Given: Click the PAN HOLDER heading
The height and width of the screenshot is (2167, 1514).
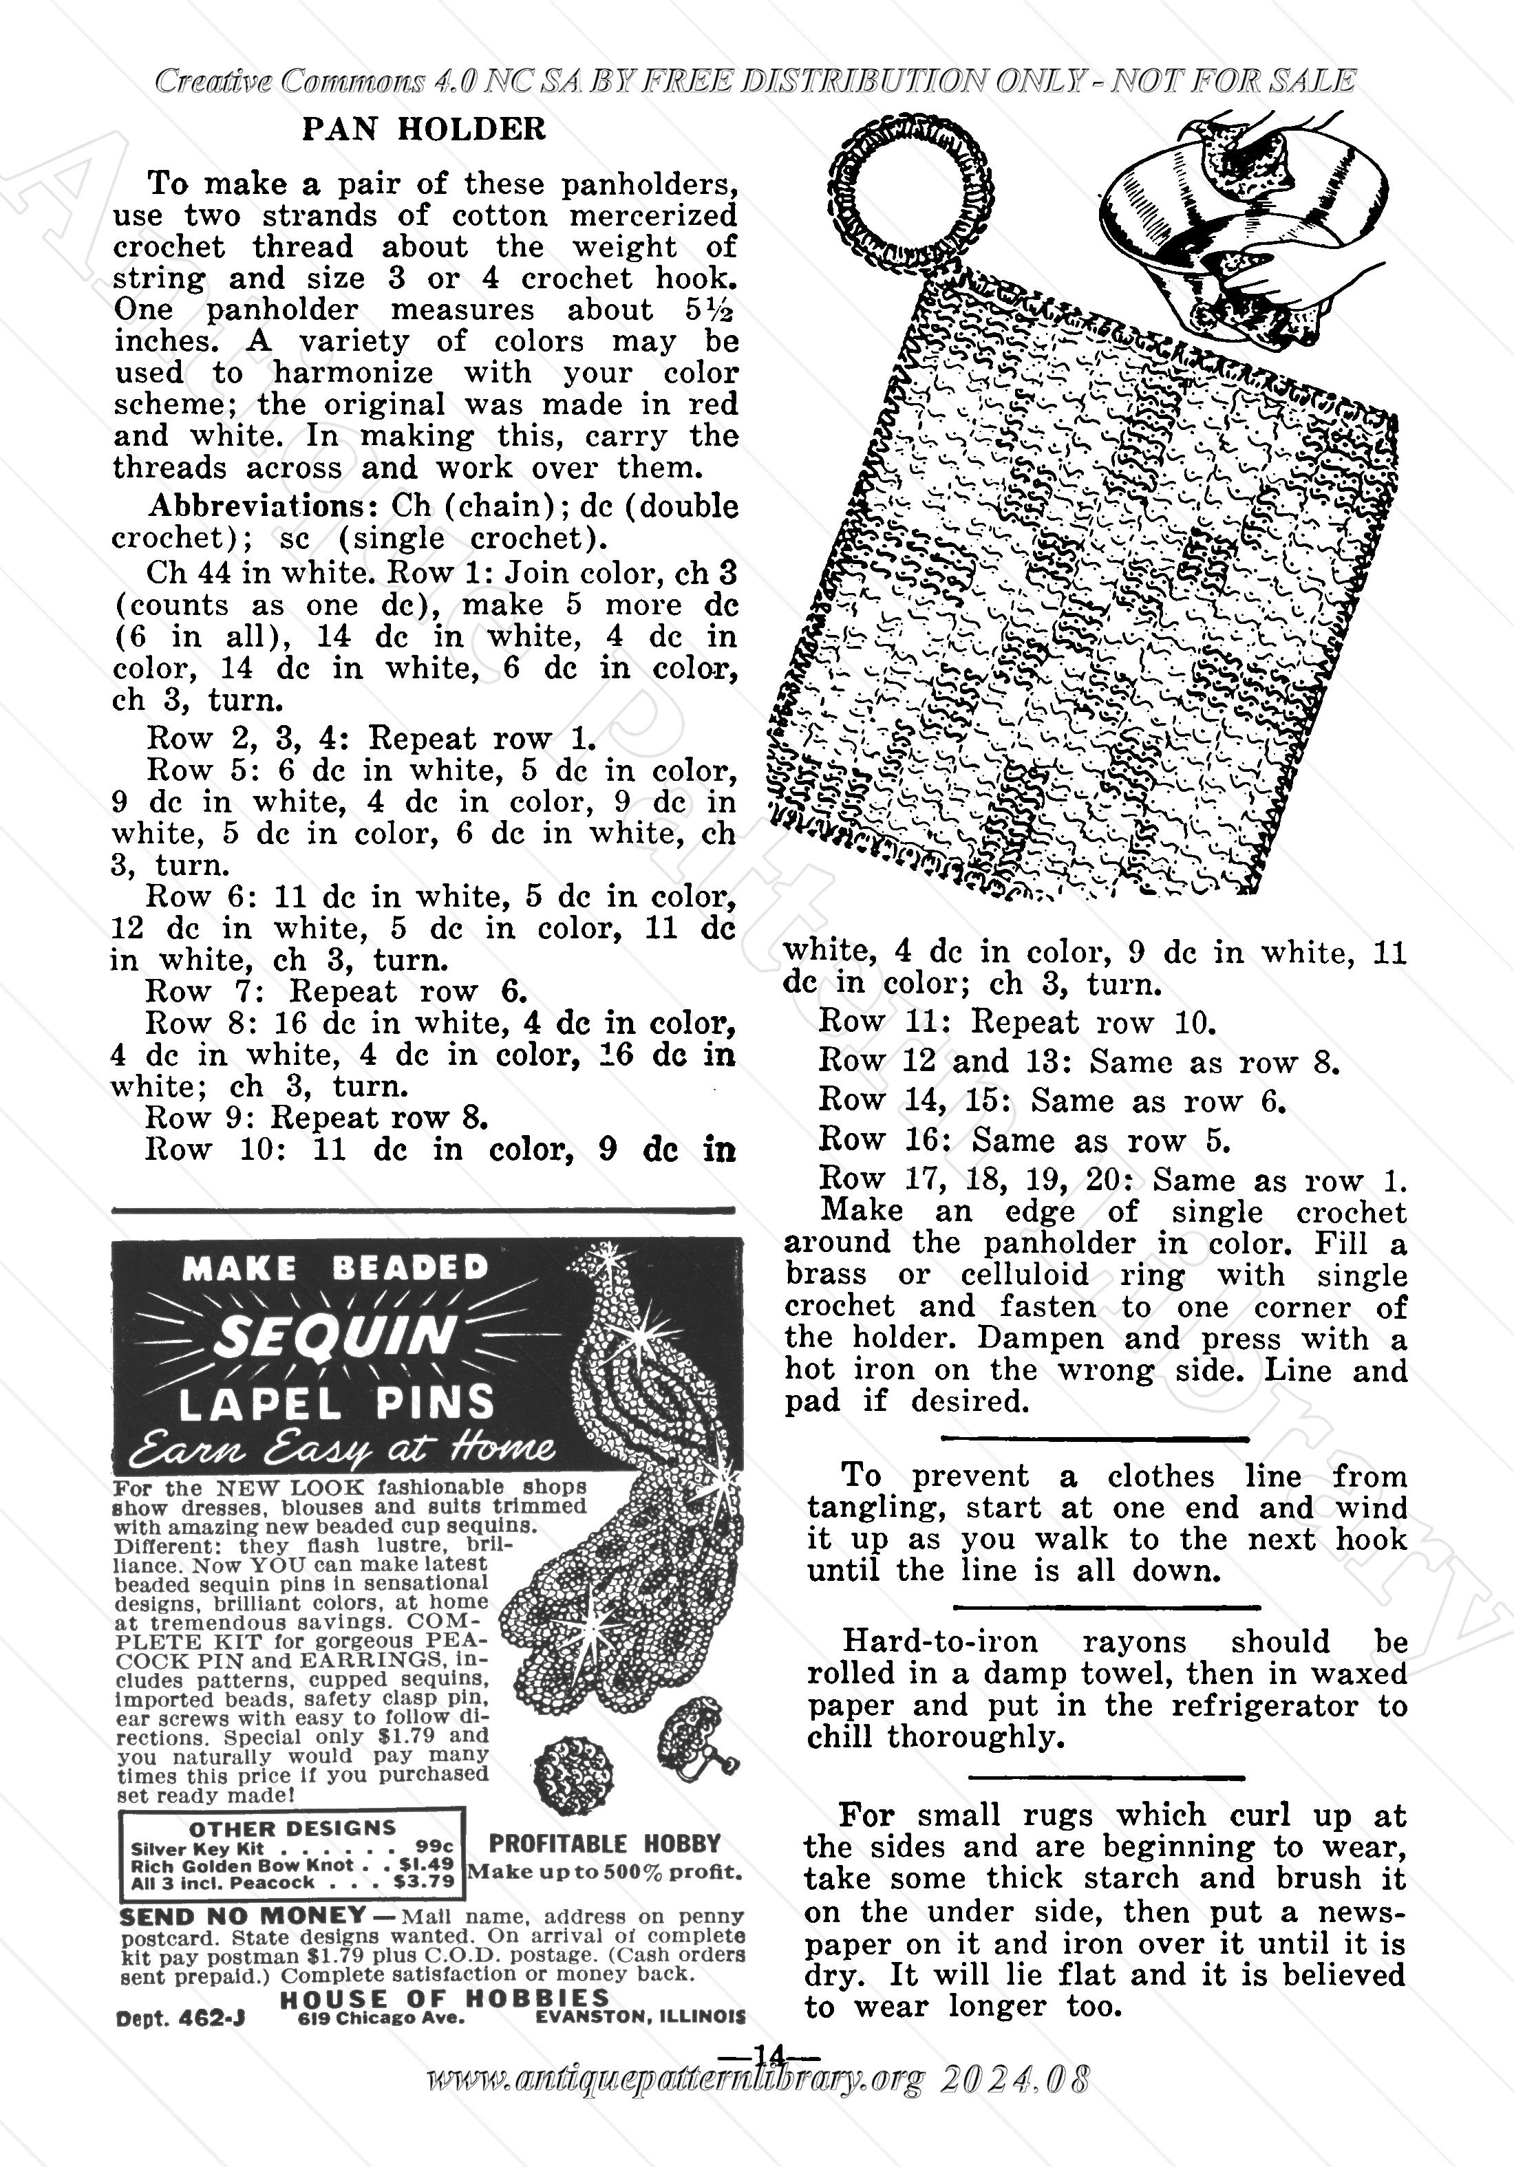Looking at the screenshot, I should (x=424, y=129).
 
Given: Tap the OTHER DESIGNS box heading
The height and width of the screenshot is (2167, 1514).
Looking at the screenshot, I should (x=292, y=1828).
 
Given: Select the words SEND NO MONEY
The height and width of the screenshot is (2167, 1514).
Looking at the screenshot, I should (x=244, y=1917).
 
